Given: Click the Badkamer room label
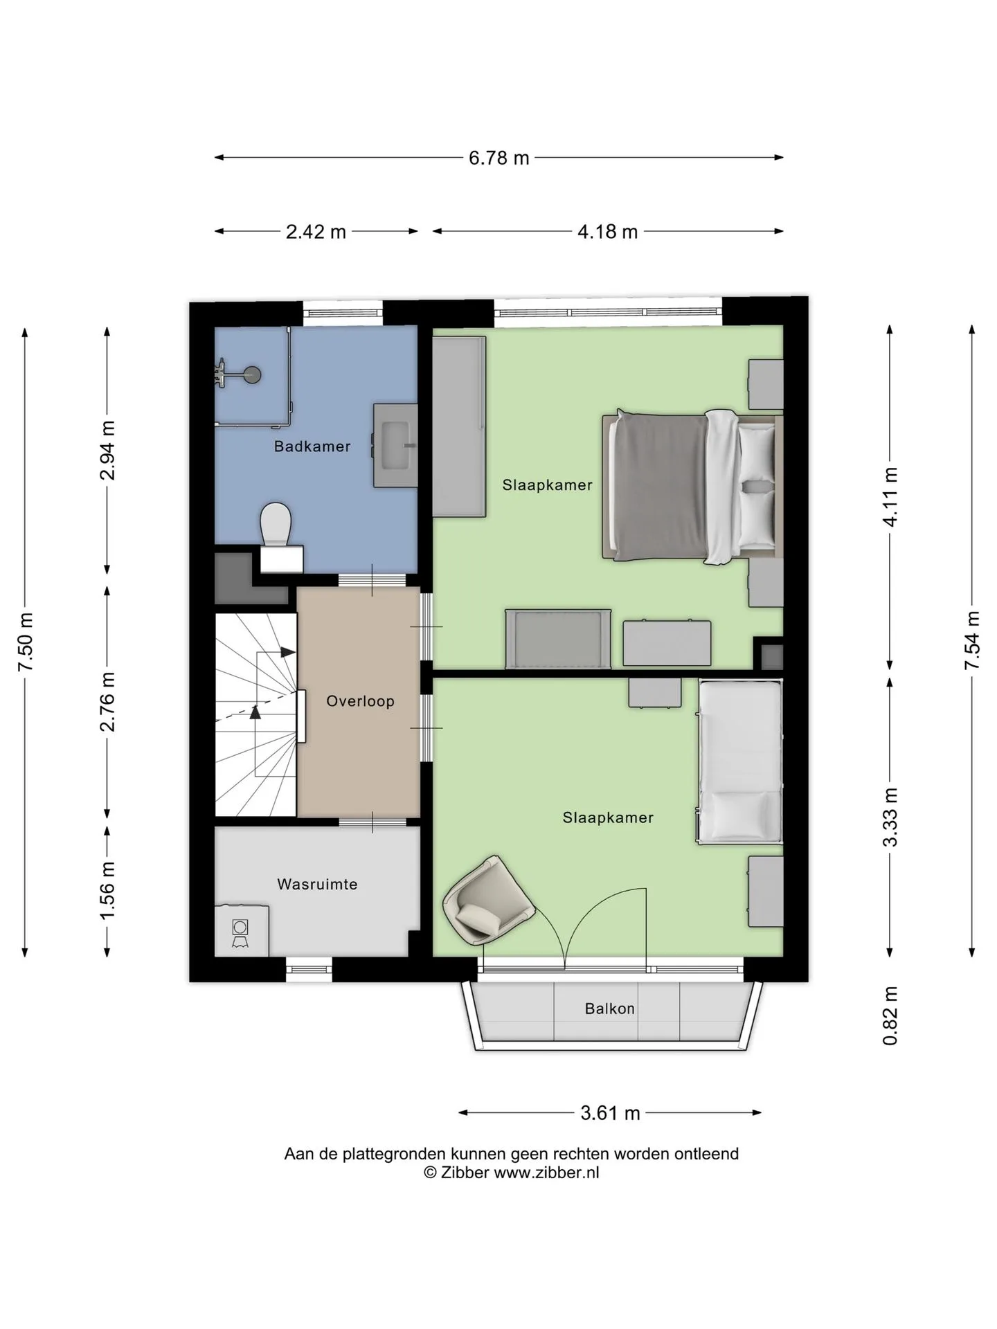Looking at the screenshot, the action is (x=312, y=446).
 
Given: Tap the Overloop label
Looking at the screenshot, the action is (x=360, y=701).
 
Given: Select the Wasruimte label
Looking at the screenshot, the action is (x=317, y=884).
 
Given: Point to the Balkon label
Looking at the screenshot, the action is (x=609, y=1009).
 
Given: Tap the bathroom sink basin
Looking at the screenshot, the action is (x=395, y=446).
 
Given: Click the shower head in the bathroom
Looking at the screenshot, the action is (x=253, y=374).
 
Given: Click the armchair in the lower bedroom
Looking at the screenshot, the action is (x=488, y=900).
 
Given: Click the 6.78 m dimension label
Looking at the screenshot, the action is (x=498, y=158).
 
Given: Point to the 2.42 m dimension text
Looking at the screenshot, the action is (x=316, y=231).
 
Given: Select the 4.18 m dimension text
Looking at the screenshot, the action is (x=607, y=231).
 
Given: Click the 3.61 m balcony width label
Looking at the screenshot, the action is (x=610, y=1113).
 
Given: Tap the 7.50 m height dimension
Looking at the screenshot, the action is (x=25, y=642).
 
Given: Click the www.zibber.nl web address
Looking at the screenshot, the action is (x=546, y=1173).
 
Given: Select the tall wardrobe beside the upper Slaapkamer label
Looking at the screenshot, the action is (x=459, y=426).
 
